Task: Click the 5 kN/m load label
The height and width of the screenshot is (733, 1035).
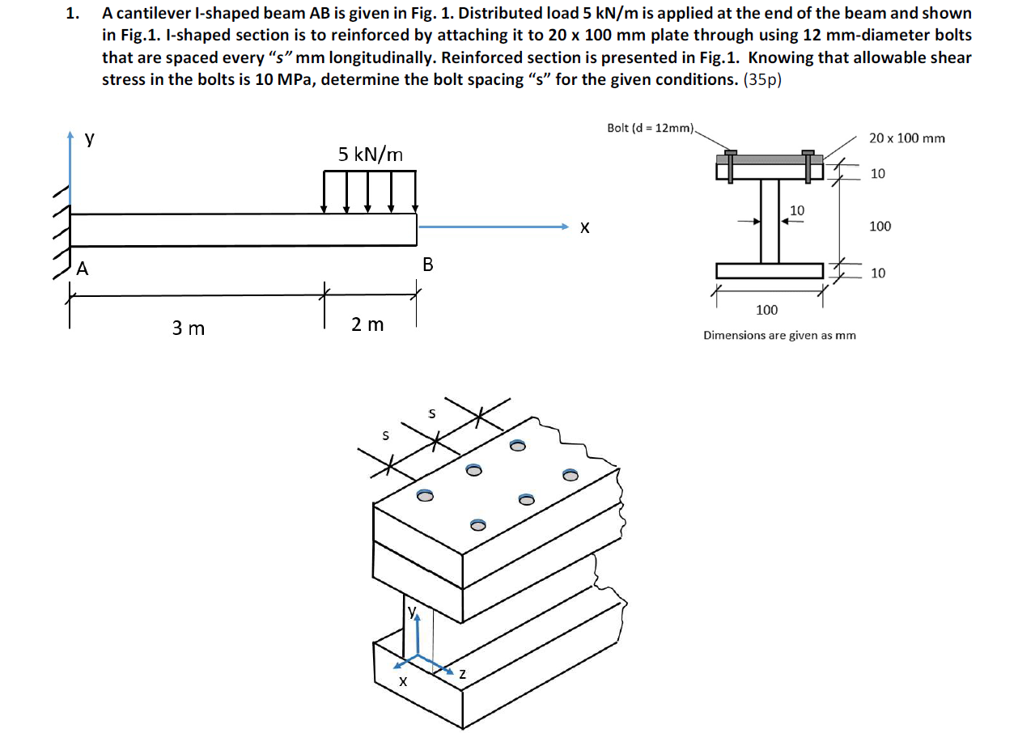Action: pos(370,154)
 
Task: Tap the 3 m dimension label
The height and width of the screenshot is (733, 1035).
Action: pos(188,328)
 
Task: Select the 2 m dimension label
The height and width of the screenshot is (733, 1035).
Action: pos(367,324)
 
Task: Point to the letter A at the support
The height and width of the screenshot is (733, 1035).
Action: pos(82,269)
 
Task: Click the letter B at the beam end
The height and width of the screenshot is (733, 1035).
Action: pos(427,265)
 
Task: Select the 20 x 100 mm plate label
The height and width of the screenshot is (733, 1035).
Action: pos(906,138)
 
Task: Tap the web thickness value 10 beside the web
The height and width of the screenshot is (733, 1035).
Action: pos(796,210)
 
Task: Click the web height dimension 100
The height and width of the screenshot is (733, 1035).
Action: pos(880,226)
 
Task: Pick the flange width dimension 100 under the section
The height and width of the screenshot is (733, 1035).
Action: pos(766,309)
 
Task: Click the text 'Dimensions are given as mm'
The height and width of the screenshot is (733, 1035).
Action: pos(779,335)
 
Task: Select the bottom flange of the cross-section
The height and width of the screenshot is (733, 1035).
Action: pos(769,270)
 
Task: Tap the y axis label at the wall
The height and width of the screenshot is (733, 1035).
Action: pos(90,138)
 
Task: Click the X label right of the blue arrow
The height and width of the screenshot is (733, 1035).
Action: pos(583,229)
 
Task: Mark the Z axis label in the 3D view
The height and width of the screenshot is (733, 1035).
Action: pos(462,673)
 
